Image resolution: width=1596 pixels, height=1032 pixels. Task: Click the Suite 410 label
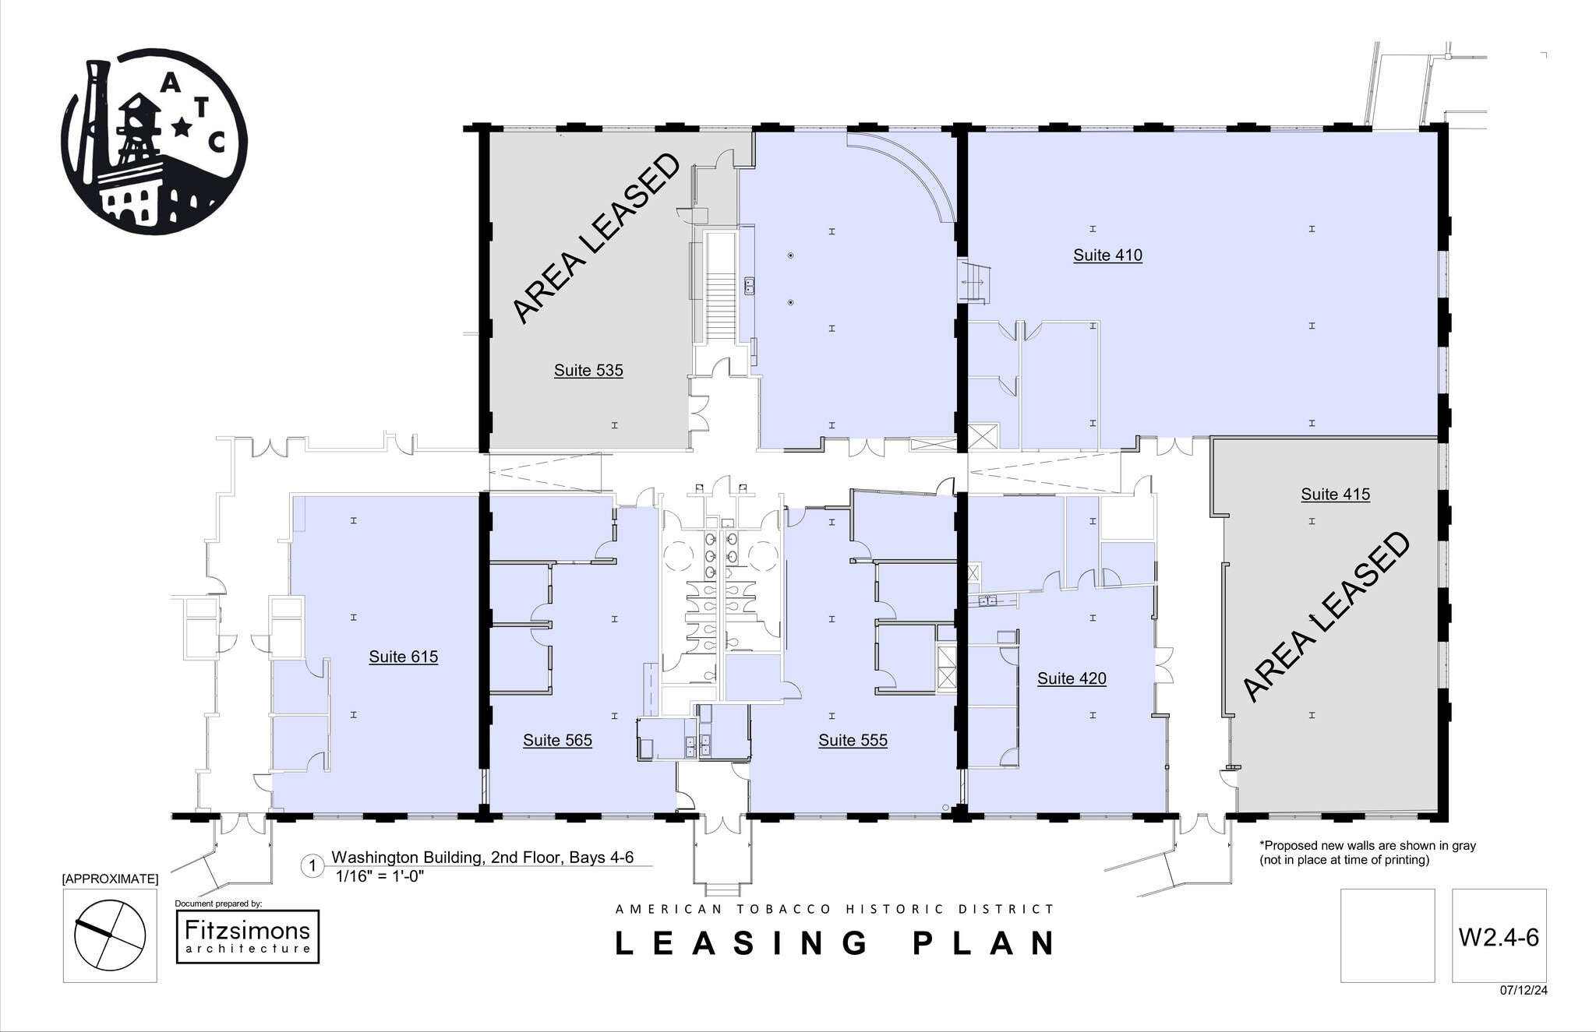tap(1107, 255)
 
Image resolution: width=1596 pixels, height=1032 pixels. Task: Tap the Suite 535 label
tap(588, 370)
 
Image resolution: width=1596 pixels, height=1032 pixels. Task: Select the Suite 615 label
tap(403, 657)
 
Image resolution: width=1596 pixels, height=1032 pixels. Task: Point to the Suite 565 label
tap(557, 740)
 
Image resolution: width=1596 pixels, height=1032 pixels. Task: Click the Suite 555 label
tap(853, 740)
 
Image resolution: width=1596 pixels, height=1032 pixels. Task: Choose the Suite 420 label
tap(1072, 678)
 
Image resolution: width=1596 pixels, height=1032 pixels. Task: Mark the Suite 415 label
tap(1335, 494)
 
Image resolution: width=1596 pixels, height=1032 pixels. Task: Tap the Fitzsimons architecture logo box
tap(248, 936)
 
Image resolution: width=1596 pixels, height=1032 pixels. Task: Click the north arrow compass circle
tap(110, 935)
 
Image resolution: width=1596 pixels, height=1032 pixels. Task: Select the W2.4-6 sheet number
tap(1499, 937)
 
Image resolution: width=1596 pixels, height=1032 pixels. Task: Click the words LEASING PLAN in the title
tap(836, 943)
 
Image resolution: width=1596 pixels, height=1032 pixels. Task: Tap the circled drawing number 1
tap(312, 866)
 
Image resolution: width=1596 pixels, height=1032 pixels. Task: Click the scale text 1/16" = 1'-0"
tap(380, 875)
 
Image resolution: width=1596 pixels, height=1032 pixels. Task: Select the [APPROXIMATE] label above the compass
tap(110, 879)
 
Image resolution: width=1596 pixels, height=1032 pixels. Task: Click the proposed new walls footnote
tap(1368, 852)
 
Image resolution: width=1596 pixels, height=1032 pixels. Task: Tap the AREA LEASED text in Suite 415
tap(1325, 617)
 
